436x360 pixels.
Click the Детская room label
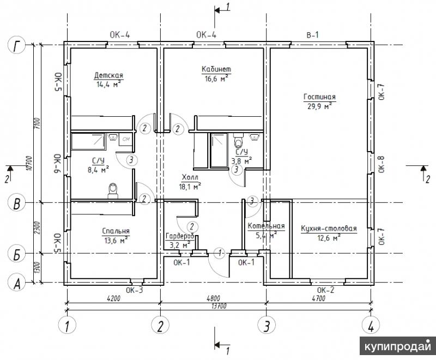coord(108,75)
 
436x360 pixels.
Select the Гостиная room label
coord(319,97)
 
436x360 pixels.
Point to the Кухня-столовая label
coord(329,229)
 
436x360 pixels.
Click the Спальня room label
coord(116,231)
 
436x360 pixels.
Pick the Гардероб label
coord(179,236)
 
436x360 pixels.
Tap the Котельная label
coord(266,226)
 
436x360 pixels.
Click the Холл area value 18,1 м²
coord(190,187)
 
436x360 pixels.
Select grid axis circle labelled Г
coord(17,45)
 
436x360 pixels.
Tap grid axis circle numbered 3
coord(267,325)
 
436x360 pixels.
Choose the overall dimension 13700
coord(219,307)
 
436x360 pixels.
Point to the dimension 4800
coord(213,298)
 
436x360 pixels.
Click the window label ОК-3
coord(134,290)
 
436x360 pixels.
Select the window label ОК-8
coord(381,164)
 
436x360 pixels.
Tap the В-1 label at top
coord(312,35)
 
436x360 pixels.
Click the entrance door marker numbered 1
coord(220,253)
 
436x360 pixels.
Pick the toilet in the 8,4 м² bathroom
coord(113,191)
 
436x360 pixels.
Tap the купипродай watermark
coord(398,346)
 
